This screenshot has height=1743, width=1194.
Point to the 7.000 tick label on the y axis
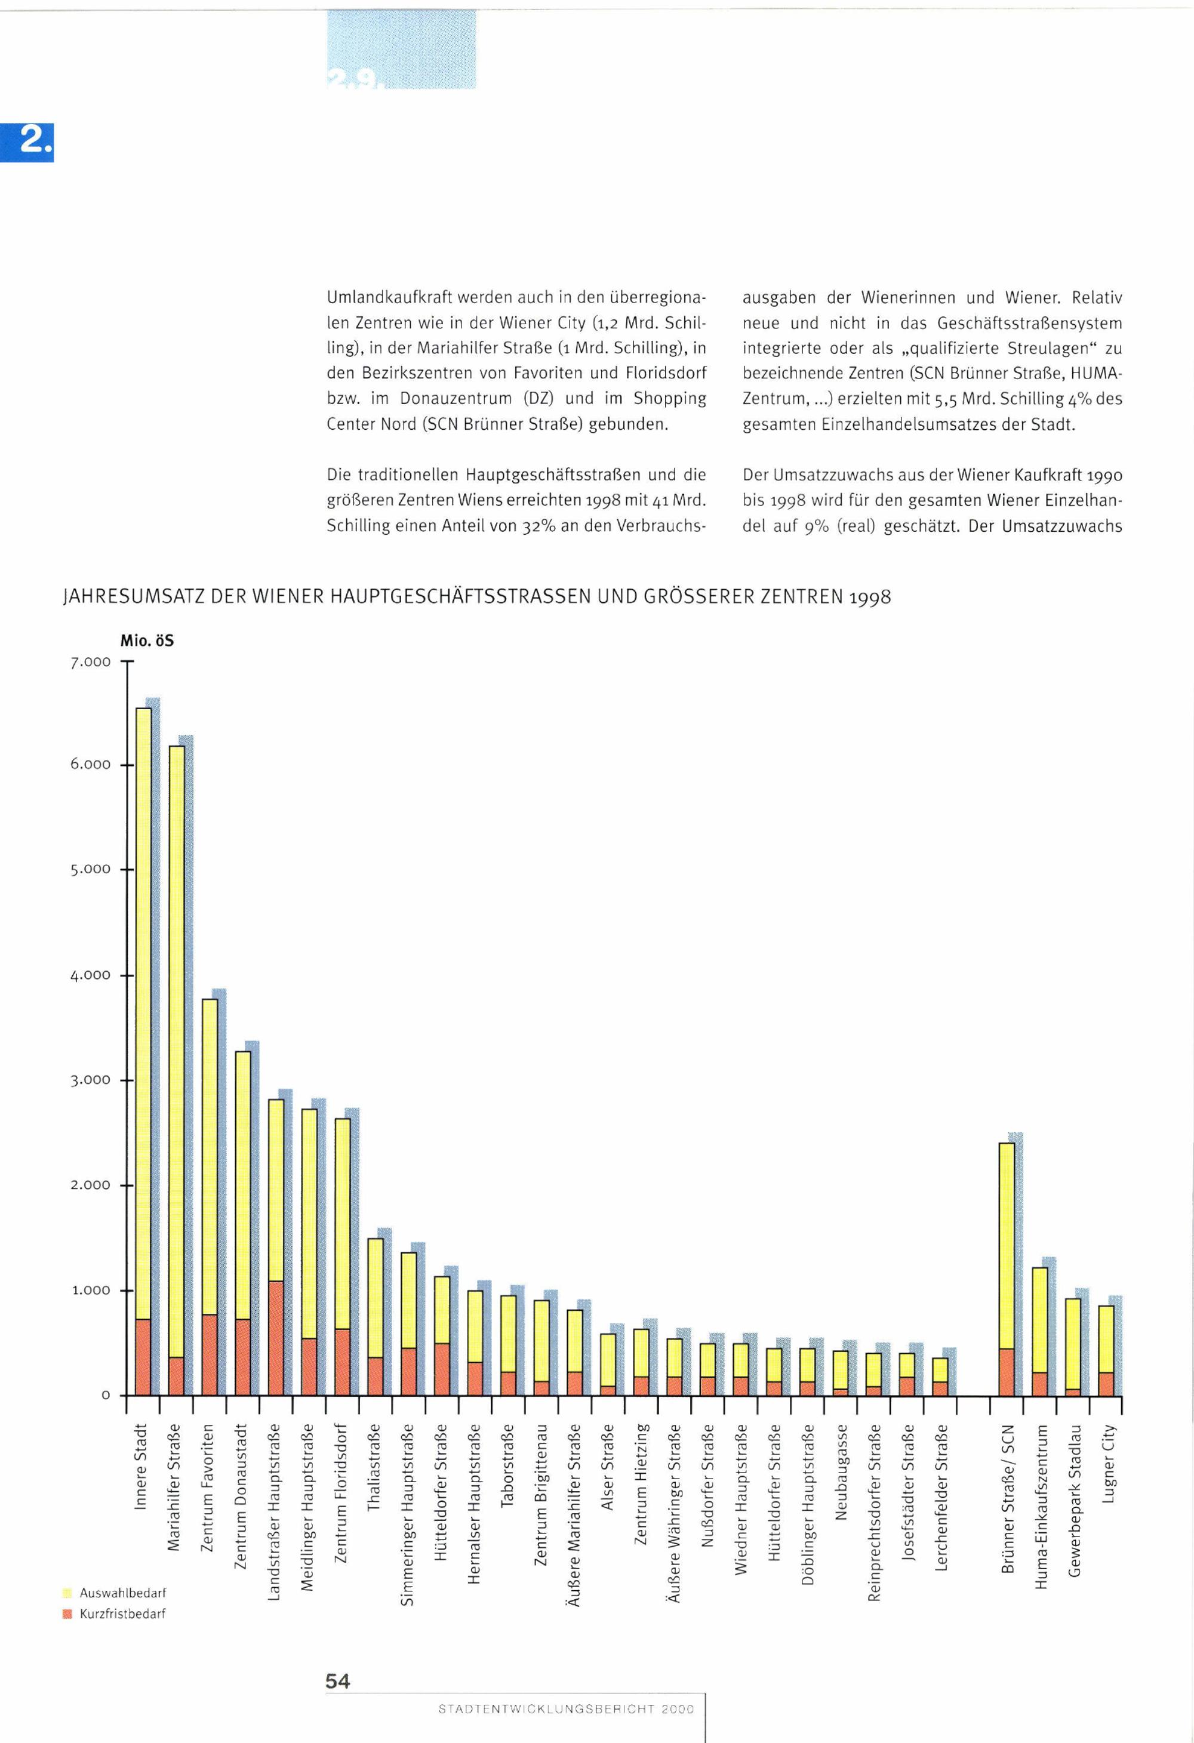91,662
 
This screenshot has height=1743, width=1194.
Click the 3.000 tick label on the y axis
91,1080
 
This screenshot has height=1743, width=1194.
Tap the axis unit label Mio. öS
147,641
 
